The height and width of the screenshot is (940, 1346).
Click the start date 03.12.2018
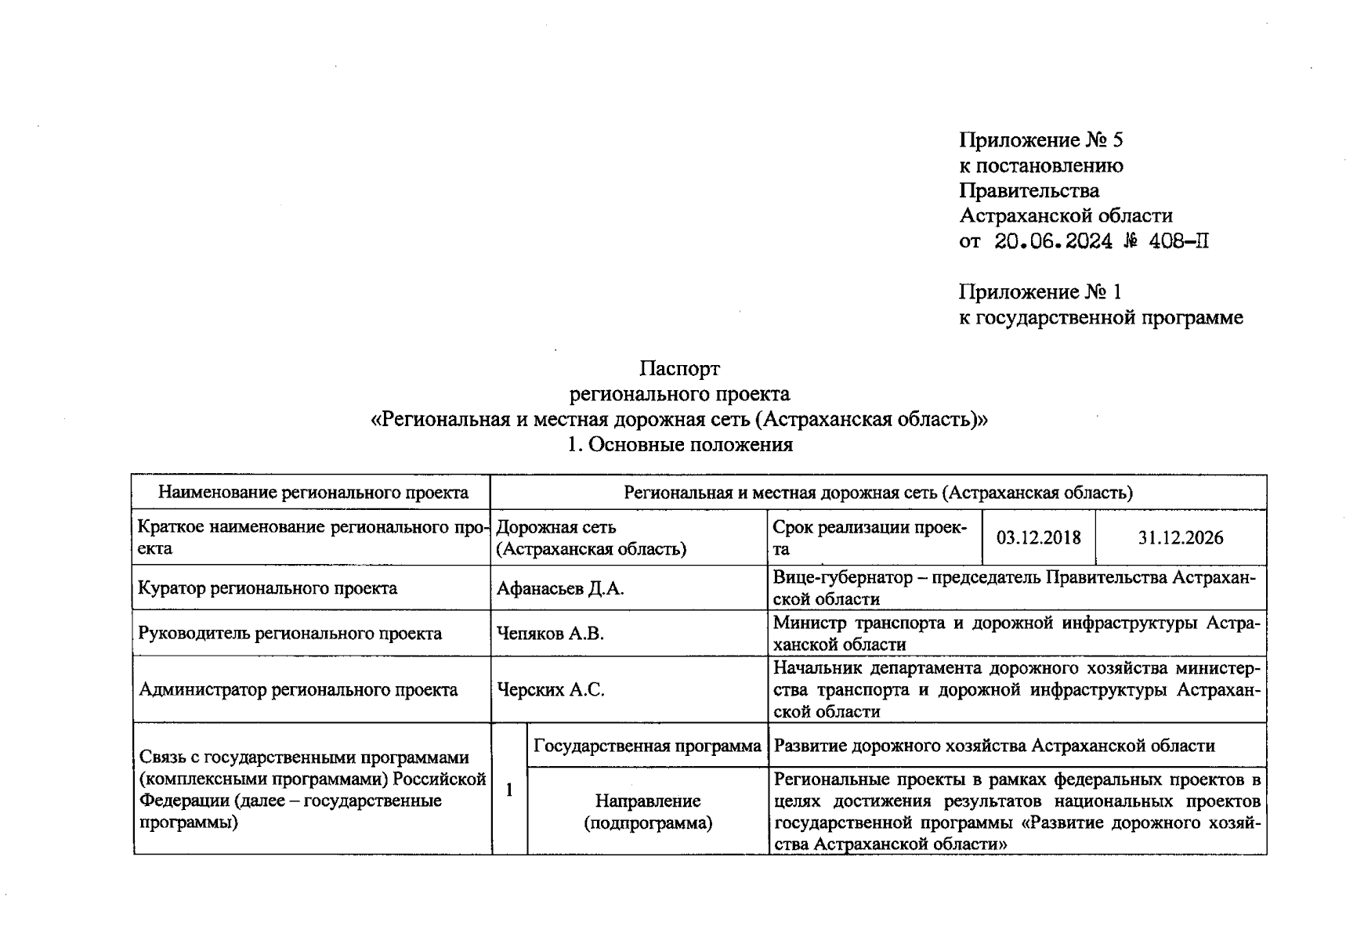click(x=1038, y=537)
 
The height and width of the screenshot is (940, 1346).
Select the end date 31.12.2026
click(x=1180, y=537)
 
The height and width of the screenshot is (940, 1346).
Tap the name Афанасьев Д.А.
click(x=560, y=588)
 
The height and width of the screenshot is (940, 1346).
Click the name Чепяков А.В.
click(x=550, y=634)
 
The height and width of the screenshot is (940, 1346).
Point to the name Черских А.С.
click(x=550, y=690)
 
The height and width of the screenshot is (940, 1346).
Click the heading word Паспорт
click(x=679, y=368)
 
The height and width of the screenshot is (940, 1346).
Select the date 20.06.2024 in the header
click(x=1053, y=241)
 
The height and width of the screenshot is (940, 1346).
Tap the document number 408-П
click(x=1178, y=241)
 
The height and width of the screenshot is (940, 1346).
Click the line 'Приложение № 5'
click(x=1040, y=140)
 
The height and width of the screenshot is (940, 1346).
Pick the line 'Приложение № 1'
click(x=1040, y=292)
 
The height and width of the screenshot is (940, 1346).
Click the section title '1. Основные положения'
click(x=679, y=445)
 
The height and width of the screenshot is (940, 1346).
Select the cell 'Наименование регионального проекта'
click(x=313, y=493)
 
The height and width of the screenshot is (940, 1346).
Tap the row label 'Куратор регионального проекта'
click(x=267, y=588)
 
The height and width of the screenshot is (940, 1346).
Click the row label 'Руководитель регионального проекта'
click(x=290, y=634)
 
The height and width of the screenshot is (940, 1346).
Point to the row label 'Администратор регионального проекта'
click(x=298, y=690)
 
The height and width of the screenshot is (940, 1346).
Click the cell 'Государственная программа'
click(x=647, y=746)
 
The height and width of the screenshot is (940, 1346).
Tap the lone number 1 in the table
click(x=509, y=790)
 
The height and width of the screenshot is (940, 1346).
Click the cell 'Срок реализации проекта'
click(x=874, y=537)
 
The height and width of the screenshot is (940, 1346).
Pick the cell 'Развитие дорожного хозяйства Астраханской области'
click(x=994, y=746)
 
